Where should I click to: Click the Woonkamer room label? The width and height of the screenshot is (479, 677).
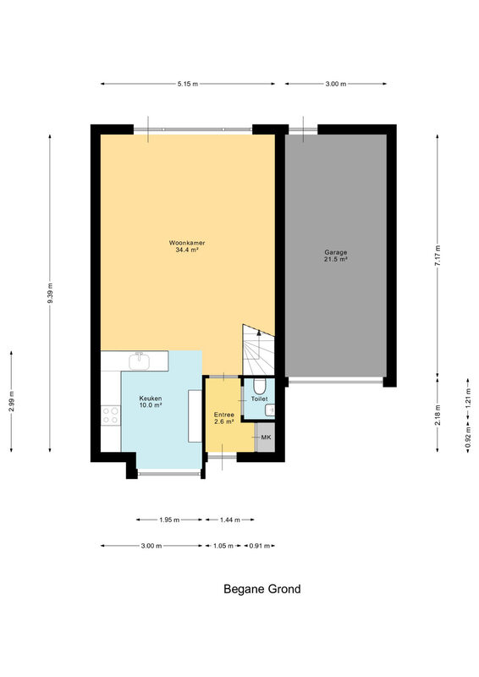click(x=187, y=243)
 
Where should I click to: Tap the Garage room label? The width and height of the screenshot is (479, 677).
click(x=336, y=252)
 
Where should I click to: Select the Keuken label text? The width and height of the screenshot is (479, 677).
click(x=151, y=398)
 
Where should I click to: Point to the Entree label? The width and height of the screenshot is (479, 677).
click(x=224, y=415)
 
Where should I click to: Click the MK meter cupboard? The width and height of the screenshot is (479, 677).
click(x=266, y=438)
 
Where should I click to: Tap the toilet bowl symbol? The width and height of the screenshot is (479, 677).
click(x=259, y=386)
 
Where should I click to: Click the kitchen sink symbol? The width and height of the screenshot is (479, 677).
click(x=139, y=361)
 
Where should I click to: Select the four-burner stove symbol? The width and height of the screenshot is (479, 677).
click(x=111, y=416)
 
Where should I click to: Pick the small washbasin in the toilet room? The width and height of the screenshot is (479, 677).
click(x=270, y=410)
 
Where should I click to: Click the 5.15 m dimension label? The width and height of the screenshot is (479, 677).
click(x=188, y=84)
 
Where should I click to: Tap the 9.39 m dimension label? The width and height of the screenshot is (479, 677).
click(x=50, y=293)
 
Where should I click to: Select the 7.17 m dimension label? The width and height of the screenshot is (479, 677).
click(x=438, y=256)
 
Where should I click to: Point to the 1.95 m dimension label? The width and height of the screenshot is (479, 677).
click(x=169, y=520)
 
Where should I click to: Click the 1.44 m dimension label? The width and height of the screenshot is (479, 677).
click(x=230, y=520)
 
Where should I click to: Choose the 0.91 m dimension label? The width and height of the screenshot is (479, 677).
click(x=259, y=546)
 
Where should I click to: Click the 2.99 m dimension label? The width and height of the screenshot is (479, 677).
click(x=11, y=401)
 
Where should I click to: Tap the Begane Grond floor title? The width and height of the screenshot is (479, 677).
click(x=262, y=589)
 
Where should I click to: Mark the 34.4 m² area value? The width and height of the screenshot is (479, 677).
click(x=187, y=250)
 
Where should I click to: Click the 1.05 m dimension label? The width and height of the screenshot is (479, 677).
click(x=223, y=546)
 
